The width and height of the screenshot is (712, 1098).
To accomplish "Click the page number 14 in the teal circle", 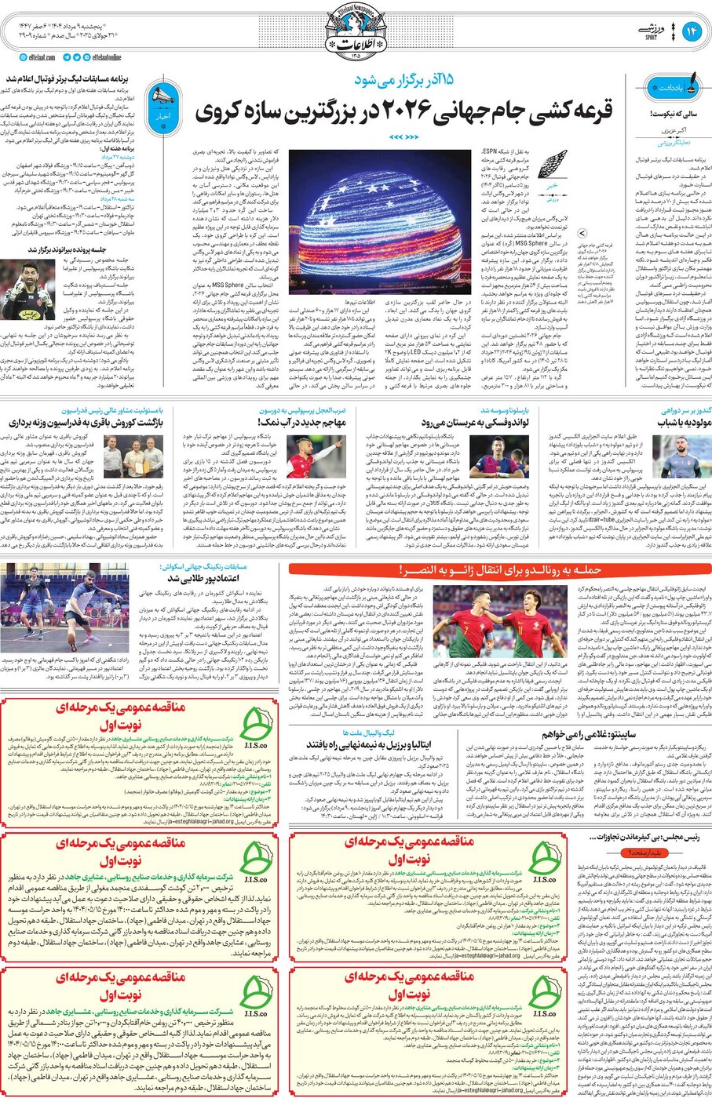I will tap(692, 31).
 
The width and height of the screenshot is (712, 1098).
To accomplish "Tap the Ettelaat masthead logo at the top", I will tap(356, 32).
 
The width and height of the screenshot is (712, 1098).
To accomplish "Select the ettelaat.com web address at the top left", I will tap(36, 57).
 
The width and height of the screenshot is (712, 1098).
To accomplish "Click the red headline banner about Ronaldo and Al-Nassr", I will tap(500, 569).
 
